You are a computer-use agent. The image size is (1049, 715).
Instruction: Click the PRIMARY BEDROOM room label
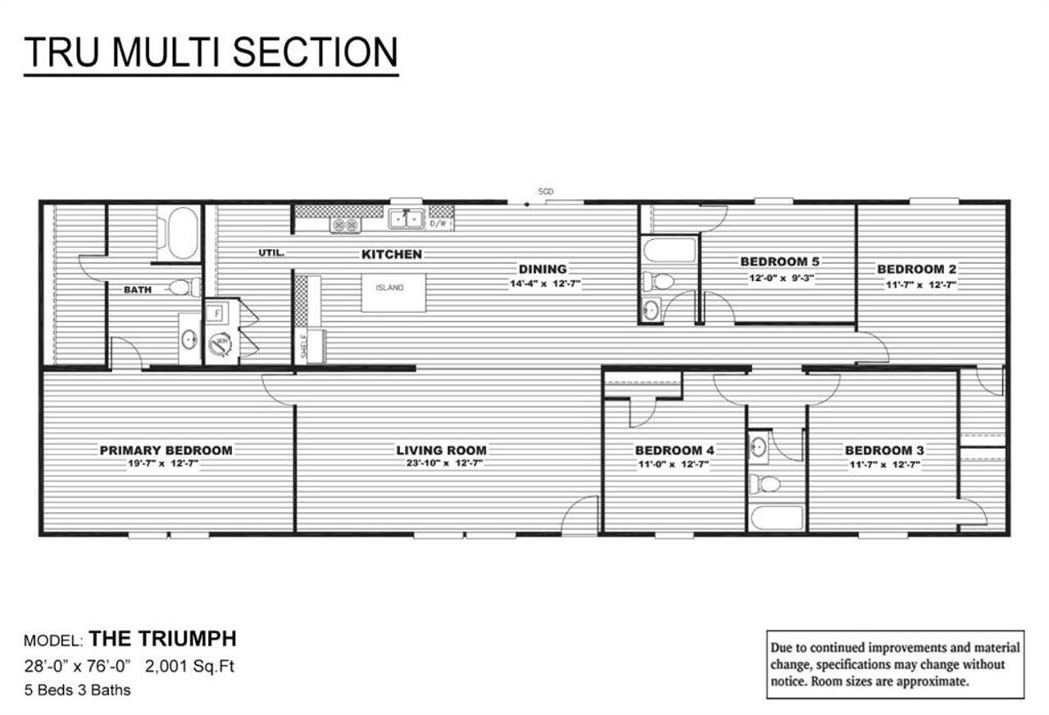pos(166,450)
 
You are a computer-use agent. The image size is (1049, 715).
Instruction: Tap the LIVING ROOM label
pos(441,450)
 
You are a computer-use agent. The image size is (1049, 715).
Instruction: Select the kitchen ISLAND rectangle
pos(394,292)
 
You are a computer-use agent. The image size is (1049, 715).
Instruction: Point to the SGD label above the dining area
pos(546,191)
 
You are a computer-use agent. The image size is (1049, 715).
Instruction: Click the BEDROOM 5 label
pos(779,261)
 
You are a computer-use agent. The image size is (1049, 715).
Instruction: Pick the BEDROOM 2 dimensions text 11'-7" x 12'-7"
pos(916,284)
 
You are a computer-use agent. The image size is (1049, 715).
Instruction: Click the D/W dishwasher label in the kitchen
pos(440,222)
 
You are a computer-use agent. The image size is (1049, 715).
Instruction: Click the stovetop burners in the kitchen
pos(345,224)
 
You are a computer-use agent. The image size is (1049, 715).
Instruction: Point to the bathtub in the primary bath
pos(178,233)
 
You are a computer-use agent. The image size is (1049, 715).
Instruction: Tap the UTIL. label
pos(271,253)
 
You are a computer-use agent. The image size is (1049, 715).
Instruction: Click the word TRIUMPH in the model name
pos(189,639)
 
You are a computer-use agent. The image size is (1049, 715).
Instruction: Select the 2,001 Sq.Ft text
pos(189,666)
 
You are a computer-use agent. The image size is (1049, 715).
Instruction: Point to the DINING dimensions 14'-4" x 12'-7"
pos(543,284)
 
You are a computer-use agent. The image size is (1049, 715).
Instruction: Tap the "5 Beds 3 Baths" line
pos(77,690)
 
